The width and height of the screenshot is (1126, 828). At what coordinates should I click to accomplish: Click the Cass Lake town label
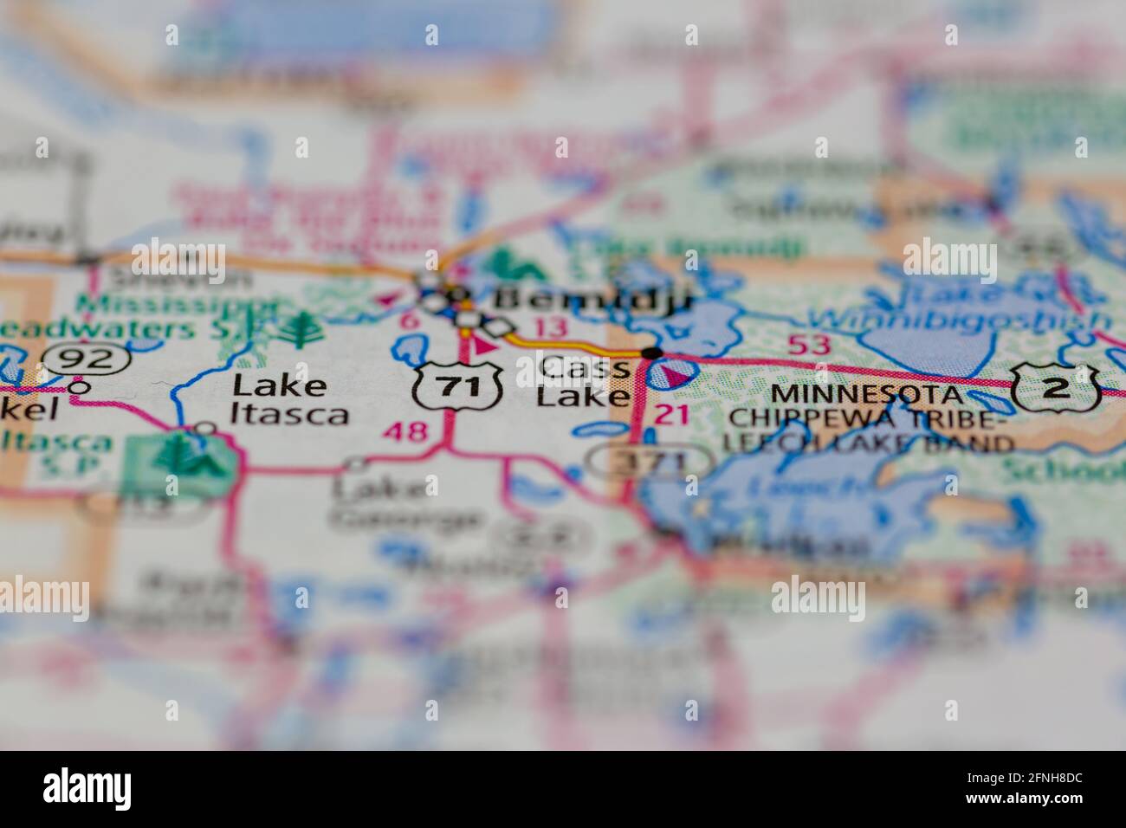(x=583, y=382)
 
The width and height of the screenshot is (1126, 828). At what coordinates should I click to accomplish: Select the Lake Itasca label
(x=289, y=399)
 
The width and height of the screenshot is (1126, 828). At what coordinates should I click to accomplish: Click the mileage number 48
(x=408, y=430)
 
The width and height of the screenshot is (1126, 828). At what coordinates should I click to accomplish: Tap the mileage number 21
(x=672, y=414)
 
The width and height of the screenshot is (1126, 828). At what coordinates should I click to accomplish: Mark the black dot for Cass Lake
(x=652, y=353)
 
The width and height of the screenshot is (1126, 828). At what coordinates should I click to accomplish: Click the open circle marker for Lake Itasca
(x=204, y=427)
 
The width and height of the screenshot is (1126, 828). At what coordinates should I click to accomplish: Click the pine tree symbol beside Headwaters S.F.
(x=304, y=329)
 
